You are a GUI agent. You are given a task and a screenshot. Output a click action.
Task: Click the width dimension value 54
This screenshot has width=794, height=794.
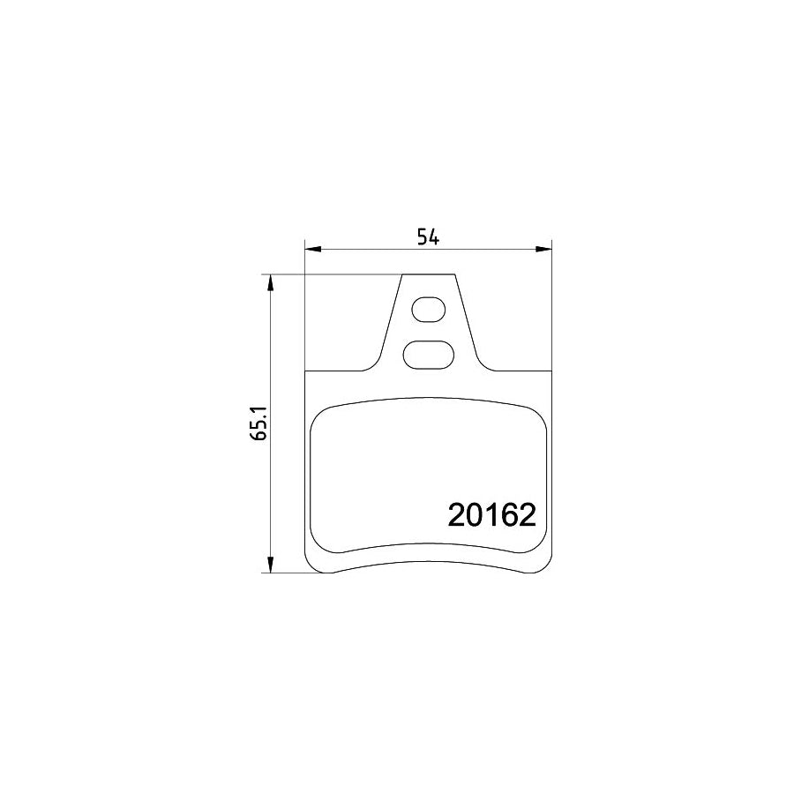(x=428, y=236)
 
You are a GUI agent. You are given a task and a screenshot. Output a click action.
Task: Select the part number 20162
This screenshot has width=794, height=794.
(x=492, y=514)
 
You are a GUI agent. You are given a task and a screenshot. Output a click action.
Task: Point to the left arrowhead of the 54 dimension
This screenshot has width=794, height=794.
(x=311, y=250)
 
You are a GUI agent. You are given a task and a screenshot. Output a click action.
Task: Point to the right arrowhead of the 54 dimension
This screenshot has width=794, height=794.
(x=544, y=250)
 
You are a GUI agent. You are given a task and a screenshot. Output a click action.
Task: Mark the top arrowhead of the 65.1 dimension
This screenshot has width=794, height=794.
(x=271, y=282)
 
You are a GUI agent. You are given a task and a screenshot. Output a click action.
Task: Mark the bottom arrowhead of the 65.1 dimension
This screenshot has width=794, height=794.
(x=271, y=566)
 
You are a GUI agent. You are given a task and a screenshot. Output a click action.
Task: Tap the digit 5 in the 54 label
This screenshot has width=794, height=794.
(x=423, y=236)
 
